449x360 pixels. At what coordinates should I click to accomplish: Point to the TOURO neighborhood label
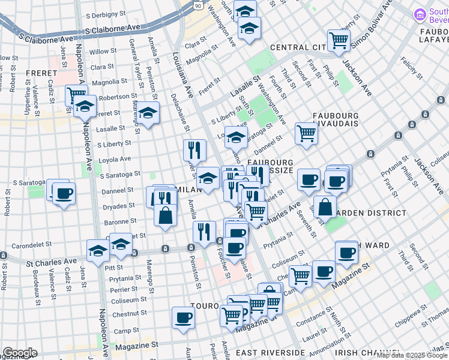pyautogui.click(x=202, y=305)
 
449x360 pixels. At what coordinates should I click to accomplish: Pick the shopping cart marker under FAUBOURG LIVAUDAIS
pyautogui.click(x=306, y=134)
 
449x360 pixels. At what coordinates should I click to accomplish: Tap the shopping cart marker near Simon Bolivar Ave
pyautogui.click(x=339, y=40)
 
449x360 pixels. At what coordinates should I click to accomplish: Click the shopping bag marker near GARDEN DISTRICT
pyautogui.click(x=325, y=206)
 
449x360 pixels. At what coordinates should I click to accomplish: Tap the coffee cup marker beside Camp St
pyautogui.click(x=184, y=317)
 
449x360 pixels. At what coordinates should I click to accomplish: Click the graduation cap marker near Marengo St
pyautogui.click(x=148, y=113)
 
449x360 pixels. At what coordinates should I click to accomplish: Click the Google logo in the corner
pyautogui.click(x=19, y=353)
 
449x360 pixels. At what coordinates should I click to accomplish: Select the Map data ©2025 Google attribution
pyautogui.click(x=412, y=355)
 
